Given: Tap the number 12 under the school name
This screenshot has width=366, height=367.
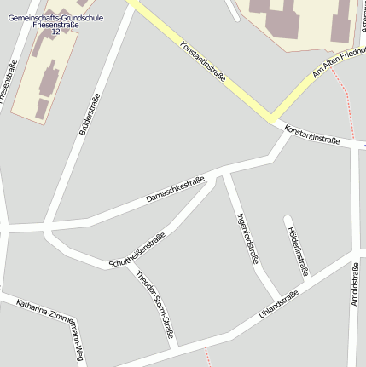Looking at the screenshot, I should tap(56, 32).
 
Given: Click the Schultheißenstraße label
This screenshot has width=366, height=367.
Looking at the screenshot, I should tap(137, 251).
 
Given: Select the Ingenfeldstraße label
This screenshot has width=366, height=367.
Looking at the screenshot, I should tap(247, 239).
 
